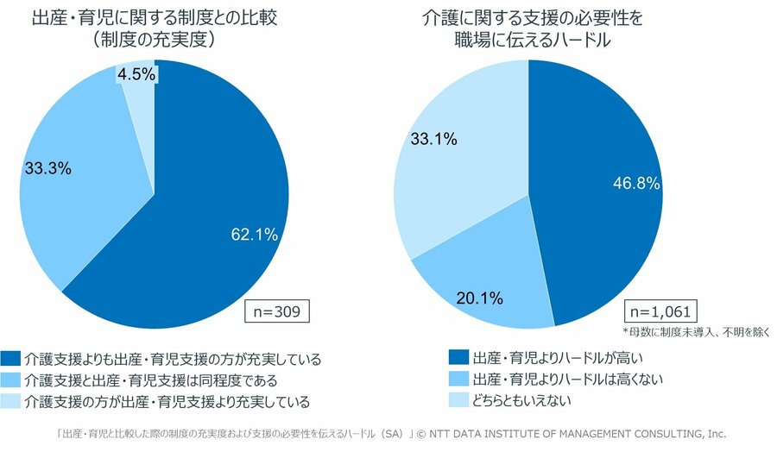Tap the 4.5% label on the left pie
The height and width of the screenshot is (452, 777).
136,75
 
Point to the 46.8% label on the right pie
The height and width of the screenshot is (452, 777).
638,183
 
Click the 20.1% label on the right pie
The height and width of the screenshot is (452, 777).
477,299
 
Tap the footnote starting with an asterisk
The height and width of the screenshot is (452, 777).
695,331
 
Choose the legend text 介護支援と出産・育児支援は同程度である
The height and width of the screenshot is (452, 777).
151,380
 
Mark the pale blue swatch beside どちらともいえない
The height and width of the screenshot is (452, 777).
458,400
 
